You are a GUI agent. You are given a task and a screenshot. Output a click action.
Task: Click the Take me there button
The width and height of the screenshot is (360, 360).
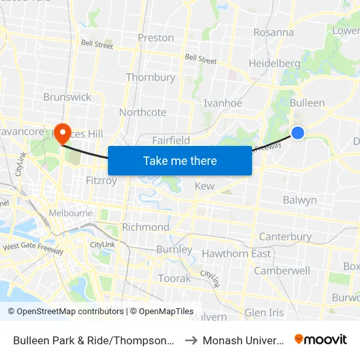tap(180, 160)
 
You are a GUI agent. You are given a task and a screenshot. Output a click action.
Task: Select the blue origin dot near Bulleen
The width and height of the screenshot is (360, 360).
tap(298, 133)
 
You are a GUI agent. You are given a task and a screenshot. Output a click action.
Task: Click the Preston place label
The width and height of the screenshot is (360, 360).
tap(156, 38)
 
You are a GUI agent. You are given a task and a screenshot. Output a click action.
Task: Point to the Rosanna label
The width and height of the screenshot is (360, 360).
tap(273, 32)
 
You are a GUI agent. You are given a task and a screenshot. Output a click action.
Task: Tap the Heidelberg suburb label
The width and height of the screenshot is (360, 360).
tap(274, 63)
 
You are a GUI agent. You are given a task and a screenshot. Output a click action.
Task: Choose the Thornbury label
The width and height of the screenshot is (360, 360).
tap(151, 77)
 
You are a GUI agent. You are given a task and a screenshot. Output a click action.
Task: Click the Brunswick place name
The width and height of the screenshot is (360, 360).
tap(67, 97)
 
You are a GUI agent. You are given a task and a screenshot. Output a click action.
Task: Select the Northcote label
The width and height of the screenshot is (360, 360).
tap(143, 113)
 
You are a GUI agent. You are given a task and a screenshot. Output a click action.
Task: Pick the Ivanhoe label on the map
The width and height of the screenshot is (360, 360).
tap(223, 103)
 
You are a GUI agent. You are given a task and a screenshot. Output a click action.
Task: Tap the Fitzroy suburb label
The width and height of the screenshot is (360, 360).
tap(101, 180)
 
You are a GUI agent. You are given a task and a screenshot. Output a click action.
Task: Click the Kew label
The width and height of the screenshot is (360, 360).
tap(205, 187)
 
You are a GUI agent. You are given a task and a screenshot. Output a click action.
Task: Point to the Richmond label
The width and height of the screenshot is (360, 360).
tap(146, 227)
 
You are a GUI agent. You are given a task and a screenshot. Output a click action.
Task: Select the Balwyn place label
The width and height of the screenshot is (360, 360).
tap(300, 200)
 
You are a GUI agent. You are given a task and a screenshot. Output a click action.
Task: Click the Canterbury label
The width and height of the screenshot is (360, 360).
tap(285, 236)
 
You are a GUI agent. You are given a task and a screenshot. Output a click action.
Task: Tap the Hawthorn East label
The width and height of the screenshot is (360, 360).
tap(236, 254)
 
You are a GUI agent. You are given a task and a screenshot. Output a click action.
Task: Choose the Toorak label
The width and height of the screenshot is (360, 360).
tap(175, 278)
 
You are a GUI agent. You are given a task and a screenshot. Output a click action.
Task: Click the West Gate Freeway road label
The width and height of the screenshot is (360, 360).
tap(33, 248)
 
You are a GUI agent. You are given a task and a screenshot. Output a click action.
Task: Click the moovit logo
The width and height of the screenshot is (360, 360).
tap(321, 340)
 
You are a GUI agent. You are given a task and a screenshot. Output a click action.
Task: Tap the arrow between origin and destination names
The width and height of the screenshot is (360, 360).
tap(190, 340)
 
